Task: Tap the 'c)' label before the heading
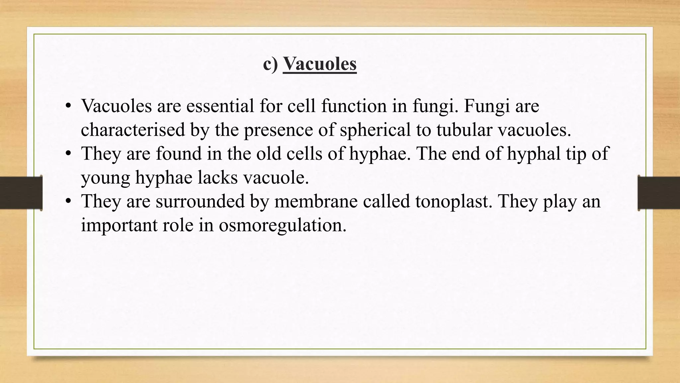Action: click(270, 64)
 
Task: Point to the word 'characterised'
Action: click(133, 130)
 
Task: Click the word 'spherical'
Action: click(376, 130)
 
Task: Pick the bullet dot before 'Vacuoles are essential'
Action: click(68, 106)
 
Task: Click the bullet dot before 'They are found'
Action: click(68, 154)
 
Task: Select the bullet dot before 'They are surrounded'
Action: click(68, 201)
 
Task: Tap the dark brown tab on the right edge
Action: click(659, 193)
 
